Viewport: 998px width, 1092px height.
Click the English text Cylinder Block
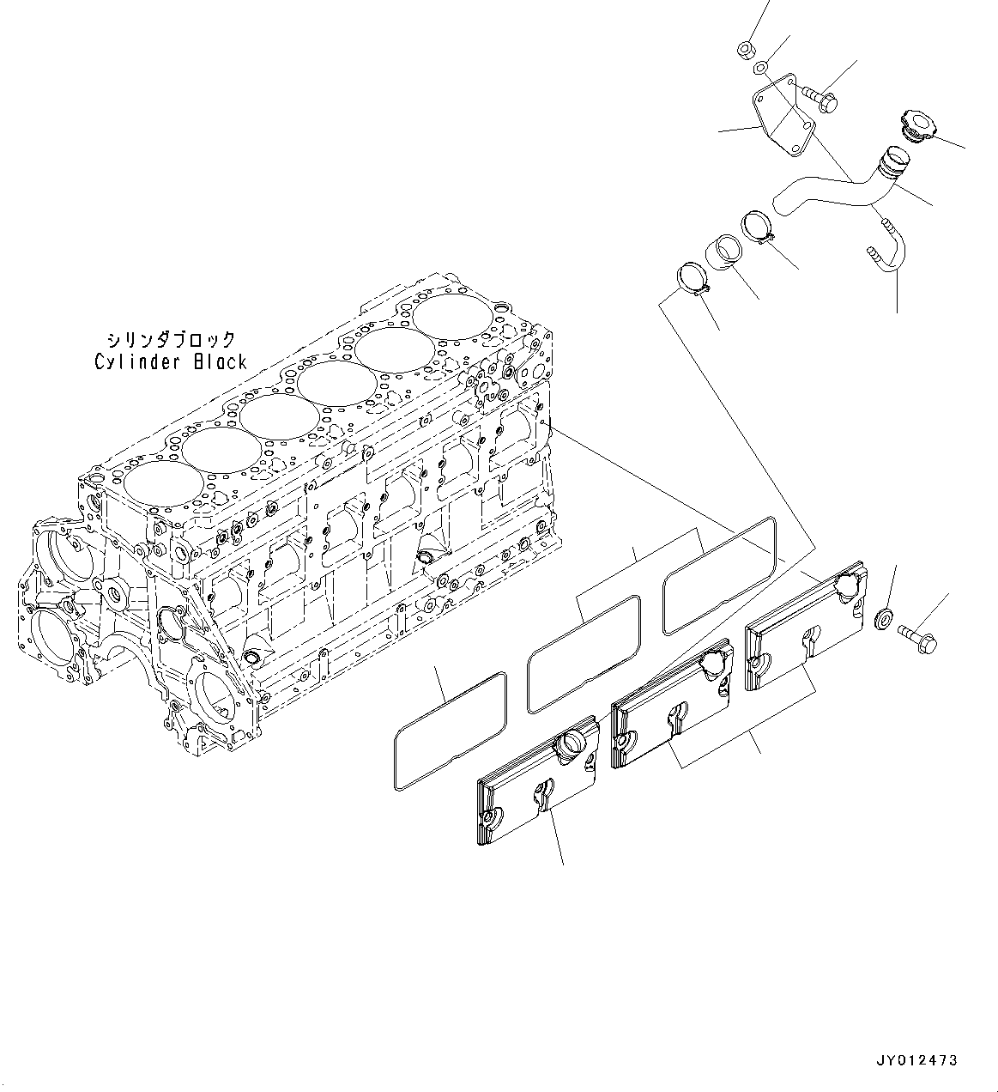[171, 361]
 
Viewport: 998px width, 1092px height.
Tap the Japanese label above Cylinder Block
[171, 340]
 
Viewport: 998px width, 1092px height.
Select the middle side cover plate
[671, 703]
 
